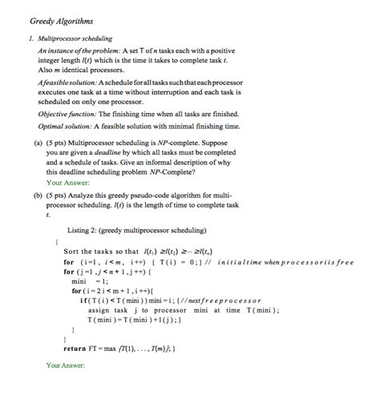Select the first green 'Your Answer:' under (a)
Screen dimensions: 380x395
click(67, 182)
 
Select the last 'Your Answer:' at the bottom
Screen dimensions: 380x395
click(67, 365)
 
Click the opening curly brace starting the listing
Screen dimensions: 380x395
click(56, 241)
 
